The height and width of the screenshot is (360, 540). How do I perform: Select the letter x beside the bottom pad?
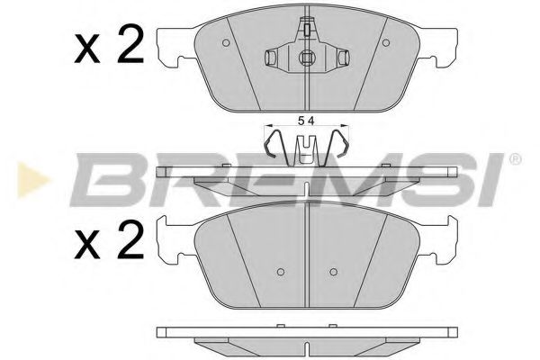(88, 244)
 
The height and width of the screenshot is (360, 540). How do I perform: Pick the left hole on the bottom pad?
(279, 271)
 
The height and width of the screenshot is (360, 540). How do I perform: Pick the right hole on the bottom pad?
(332, 271)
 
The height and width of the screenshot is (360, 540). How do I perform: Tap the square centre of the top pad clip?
(305, 61)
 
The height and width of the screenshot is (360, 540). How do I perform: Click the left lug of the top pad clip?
(271, 58)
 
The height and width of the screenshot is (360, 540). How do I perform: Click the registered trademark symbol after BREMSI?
(515, 159)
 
